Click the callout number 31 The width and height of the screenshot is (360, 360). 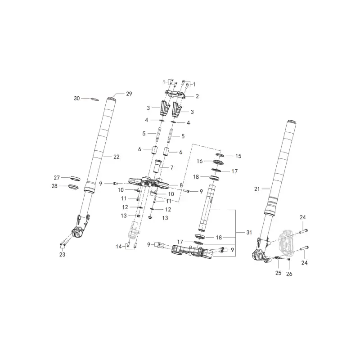(249, 232)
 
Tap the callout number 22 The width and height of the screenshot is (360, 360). (117, 157)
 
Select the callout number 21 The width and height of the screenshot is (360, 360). (257, 189)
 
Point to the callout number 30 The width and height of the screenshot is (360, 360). (76, 98)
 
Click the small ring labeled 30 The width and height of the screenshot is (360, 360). (94, 99)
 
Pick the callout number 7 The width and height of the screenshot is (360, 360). (172, 167)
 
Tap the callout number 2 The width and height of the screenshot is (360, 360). (197, 96)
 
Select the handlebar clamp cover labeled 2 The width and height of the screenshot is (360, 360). (175, 94)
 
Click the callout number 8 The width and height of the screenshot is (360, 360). (181, 185)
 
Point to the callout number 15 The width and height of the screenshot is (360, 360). (238, 156)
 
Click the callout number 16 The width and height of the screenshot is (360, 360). (199, 161)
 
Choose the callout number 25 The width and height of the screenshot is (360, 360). (278, 273)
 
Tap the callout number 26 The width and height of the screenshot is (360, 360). (289, 274)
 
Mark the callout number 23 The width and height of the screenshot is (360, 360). (62, 254)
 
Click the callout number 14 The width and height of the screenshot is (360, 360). (119, 247)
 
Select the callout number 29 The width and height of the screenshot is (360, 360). (129, 94)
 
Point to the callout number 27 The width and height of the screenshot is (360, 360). (57, 177)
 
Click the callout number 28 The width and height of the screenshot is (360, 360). (54, 186)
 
